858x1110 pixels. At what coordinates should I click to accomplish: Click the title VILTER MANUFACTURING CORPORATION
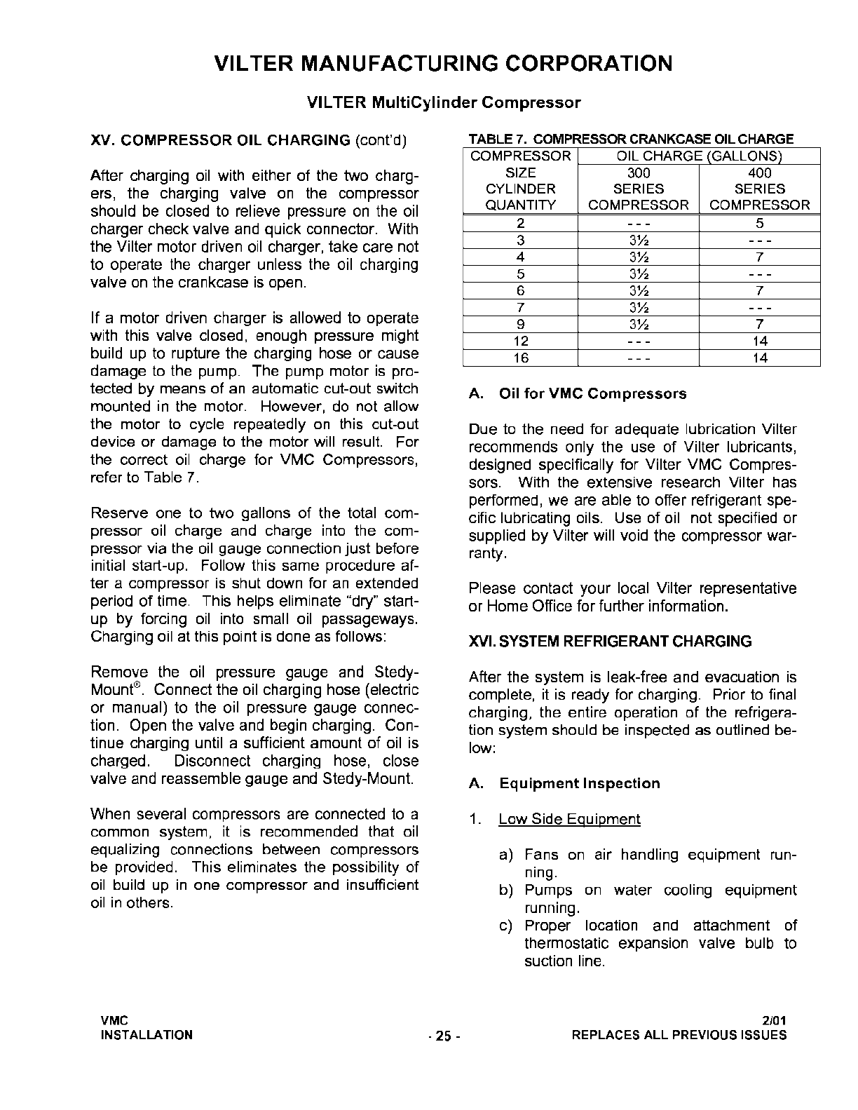443,64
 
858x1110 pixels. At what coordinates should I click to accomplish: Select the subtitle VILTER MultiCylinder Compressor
444,103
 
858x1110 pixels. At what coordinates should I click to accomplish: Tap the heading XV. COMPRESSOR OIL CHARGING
221,140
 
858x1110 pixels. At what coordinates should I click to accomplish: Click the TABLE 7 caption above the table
631,139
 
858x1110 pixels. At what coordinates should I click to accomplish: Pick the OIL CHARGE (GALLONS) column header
699,156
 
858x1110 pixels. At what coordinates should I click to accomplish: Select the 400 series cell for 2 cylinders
760,224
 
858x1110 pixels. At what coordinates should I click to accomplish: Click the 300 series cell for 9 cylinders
639,325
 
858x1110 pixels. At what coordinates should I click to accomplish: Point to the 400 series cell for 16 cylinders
760,358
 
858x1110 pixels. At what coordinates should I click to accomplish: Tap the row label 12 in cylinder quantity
521,341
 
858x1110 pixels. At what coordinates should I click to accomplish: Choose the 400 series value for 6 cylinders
760,291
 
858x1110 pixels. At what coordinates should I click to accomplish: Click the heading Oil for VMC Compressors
592,394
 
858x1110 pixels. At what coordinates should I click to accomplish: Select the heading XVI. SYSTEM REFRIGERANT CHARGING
610,642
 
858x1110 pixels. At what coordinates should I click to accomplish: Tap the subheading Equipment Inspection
580,784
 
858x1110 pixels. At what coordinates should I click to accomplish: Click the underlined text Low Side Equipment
569,819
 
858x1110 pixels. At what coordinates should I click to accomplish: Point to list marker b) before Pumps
506,891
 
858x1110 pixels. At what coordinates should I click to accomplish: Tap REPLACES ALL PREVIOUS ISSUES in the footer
679,1035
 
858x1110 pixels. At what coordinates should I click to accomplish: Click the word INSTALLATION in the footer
147,1035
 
